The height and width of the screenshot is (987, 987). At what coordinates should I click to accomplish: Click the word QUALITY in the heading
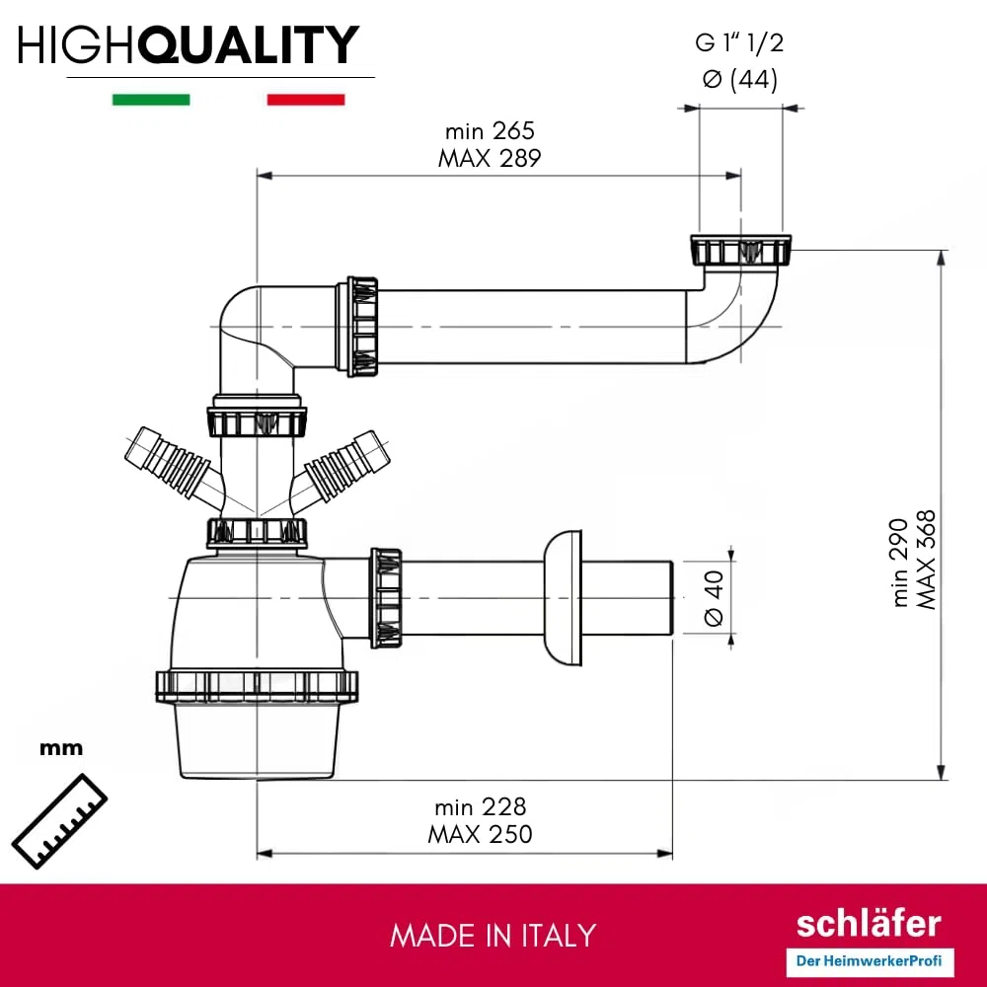(249, 44)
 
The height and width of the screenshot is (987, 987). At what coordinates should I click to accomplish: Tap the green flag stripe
(151, 100)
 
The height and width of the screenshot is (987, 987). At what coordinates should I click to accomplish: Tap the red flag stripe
(306, 100)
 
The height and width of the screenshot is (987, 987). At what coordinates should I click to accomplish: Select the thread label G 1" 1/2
(739, 42)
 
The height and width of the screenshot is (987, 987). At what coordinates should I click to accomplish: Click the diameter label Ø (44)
(740, 79)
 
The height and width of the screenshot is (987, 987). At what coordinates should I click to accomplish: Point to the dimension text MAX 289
(490, 158)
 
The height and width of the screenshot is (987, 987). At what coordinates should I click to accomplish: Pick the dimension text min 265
(490, 131)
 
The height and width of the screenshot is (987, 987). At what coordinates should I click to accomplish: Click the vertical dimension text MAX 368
(926, 560)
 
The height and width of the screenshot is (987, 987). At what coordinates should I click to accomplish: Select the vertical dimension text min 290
(899, 563)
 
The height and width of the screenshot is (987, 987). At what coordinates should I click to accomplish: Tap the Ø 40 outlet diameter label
(714, 598)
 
